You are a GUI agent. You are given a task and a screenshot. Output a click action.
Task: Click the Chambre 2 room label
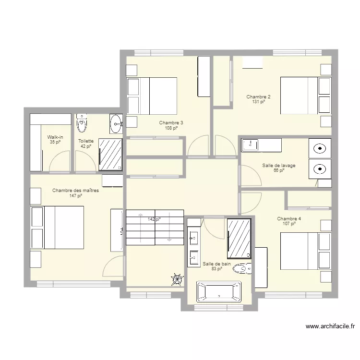click(x=258, y=96)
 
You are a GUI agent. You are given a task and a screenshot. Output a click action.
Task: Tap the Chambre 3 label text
click(x=171, y=123)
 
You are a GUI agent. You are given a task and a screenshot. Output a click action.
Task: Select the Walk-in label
click(x=55, y=137)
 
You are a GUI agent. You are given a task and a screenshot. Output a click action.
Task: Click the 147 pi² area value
click(x=76, y=196)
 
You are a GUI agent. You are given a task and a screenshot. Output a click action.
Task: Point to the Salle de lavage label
click(x=279, y=165)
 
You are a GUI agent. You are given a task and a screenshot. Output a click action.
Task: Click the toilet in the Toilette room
click(x=82, y=123)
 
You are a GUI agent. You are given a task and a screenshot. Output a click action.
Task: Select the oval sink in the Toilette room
click(x=116, y=124)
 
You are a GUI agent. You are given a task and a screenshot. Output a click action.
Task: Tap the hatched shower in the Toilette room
click(x=110, y=154)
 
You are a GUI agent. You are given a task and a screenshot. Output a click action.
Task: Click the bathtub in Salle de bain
click(x=219, y=291)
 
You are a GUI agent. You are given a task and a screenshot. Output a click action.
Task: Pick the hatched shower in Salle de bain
click(x=239, y=239)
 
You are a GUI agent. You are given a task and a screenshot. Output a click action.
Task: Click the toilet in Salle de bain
click(x=242, y=268)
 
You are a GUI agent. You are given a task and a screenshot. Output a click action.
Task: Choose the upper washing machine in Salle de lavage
click(x=320, y=148)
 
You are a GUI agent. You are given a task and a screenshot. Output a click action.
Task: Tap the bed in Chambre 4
click(x=306, y=251)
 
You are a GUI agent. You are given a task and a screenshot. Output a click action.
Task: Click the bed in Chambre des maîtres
click(x=57, y=228)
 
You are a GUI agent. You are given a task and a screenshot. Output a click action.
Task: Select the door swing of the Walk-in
click(x=60, y=161)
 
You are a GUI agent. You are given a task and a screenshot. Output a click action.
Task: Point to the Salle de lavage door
click(x=250, y=175)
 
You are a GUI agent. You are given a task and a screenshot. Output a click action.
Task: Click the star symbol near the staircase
click(x=178, y=279)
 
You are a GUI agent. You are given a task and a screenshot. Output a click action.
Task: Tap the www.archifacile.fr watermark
click(x=330, y=326)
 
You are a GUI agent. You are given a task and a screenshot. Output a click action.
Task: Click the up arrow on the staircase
click(x=140, y=228)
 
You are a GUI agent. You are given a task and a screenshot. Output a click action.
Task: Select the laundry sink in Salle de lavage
click(x=250, y=145)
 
